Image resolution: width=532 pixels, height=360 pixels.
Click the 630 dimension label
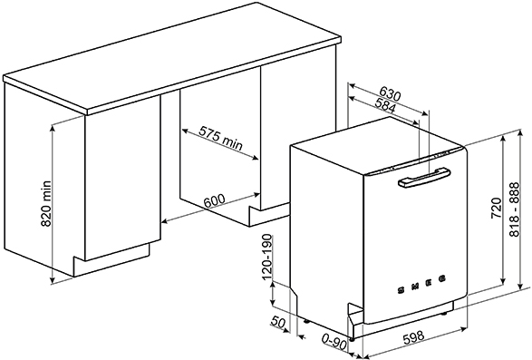tap(390, 93)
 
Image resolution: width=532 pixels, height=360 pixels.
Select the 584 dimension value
tap(384, 105)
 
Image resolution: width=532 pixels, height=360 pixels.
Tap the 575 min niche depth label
tap(221, 138)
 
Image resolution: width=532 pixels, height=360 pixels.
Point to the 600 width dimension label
tap(214, 200)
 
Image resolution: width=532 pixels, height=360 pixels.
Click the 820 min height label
tap(45, 204)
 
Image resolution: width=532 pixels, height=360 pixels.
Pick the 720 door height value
tap(497, 208)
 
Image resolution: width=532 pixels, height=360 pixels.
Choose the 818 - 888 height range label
tap(515, 209)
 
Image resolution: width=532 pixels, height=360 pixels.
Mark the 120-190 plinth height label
tap(267, 257)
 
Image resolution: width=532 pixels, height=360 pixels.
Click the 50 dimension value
tap(278, 322)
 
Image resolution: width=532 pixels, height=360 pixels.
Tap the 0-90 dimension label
tap(334, 343)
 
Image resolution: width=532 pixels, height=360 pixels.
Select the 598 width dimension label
tap(413, 337)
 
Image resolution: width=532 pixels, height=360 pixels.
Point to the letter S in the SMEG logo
tap(401, 290)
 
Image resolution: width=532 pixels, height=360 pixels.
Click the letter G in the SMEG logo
tap(442, 278)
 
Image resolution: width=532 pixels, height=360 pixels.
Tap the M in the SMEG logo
tap(415, 287)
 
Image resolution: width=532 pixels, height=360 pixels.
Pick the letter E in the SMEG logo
tap(430, 283)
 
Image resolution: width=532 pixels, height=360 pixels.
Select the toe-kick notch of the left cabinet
tap(112, 255)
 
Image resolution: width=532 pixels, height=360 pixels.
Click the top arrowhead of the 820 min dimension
tap(53, 127)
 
